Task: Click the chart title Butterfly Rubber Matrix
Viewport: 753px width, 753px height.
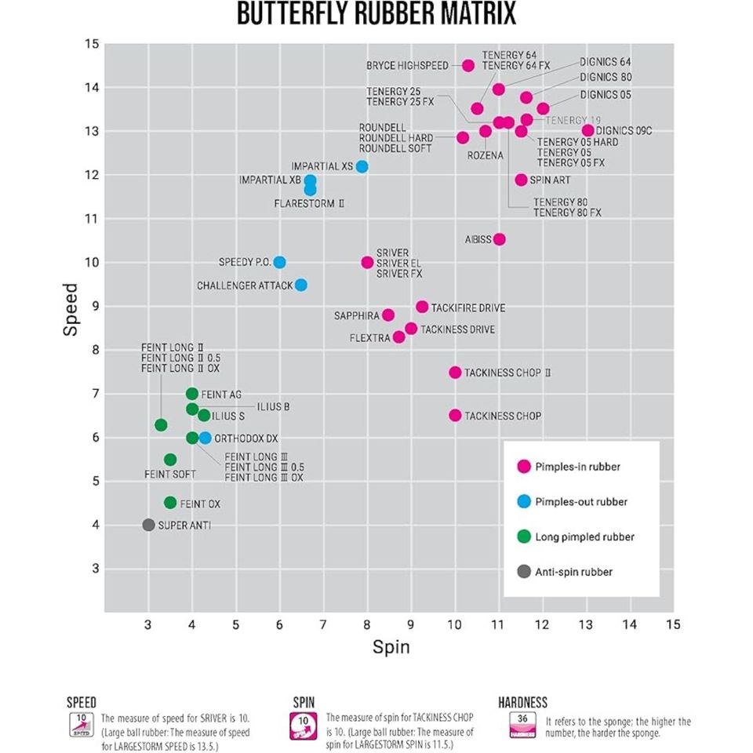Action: point(376,13)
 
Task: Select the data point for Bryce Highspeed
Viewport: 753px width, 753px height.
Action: point(468,66)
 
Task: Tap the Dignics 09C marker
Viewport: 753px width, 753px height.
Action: point(588,130)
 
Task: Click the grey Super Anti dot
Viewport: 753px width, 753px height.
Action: point(148,525)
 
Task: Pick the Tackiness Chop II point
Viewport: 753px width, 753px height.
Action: point(455,373)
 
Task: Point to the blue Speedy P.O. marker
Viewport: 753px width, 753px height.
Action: point(279,262)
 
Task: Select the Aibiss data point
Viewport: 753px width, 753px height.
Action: point(499,239)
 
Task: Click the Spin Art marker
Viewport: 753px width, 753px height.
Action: point(521,180)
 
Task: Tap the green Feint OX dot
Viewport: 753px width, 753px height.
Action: point(170,503)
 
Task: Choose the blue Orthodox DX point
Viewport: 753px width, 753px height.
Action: point(205,438)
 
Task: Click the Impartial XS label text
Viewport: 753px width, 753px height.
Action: point(322,167)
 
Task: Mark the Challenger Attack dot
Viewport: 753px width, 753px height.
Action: point(300,285)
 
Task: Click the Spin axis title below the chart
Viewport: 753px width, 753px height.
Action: point(390,647)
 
